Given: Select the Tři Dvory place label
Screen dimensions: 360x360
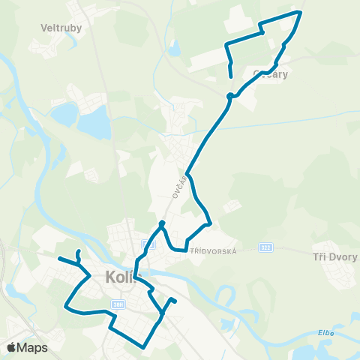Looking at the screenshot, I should pyautogui.click(x=334, y=256).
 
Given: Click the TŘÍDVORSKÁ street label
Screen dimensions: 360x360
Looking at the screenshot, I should pyautogui.click(x=214, y=251).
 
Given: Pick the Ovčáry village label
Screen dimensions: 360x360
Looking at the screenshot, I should pyautogui.click(x=271, y=74).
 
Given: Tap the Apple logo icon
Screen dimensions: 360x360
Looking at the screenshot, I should pyautogui.click(x=12, y=346).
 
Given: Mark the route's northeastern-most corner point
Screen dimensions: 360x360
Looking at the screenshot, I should pyautogui.click(x=301, y=12).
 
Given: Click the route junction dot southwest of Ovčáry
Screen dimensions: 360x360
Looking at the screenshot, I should pyautogui.click(x=229, y=95).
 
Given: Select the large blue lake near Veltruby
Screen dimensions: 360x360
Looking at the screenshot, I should pyautogui.click(x=94, y=118).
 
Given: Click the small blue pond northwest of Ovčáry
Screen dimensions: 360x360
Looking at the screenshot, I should pyautogui.click(x=174, y=49).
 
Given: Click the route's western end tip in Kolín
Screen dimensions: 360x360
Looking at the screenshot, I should pyautogui.click(x=58, y=258).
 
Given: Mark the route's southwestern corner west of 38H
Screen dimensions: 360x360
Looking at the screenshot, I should pyautogui.click(x=67, y=307).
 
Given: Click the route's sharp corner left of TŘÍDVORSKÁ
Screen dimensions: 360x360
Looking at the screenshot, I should pyautogui.click(x=174, y=250).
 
